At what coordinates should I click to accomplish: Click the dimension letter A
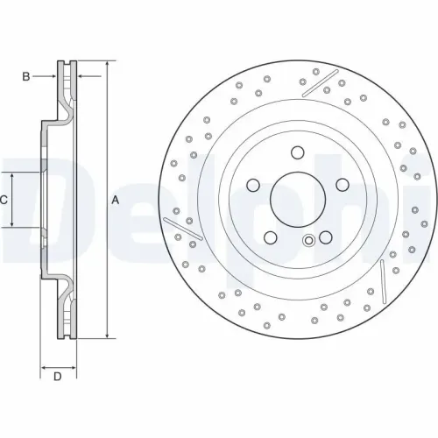[115, 201]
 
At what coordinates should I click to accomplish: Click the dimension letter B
[26, 77]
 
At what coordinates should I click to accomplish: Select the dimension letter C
[4, 201]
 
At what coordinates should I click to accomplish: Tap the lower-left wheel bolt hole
[269, 237]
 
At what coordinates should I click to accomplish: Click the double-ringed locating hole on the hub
[307, 244]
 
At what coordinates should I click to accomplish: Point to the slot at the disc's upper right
[320, 84]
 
